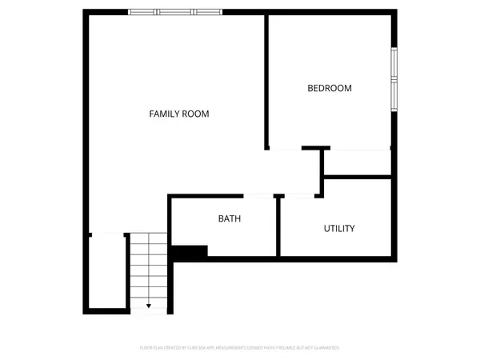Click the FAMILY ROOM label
pyautogui.click(x=179, y=114)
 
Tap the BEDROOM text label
pyautogui.click(x=330, y=88)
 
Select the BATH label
pyautogui.click(x=230, y=218)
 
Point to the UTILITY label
pyautogui.click(x=339, y=229)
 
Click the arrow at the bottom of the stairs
pyautogui.click(x=149, y=306)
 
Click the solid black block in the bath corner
pyautogui.click(x=190, y=251)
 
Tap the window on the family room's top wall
pyautogui.click(x=175, y=12)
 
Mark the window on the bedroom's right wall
pyautogui.click(x=394, y=78)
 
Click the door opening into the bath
pyautogui.click(x=258, y=195)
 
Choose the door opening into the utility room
pyautogui.click(x=299, y=195)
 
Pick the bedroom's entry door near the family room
pyautogui.click(x=285, y=149)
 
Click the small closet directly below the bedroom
pyautogui.click(x=357, y=162)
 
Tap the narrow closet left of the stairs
pyautogui.click(x=107, y=272)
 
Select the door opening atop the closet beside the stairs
pyautogui.click(x=107, y=234)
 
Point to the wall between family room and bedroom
pyautogui.click(x=266, y=80)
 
